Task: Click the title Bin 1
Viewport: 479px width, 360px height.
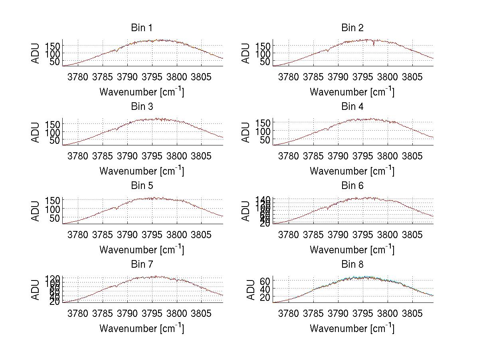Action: [x=141, y=28]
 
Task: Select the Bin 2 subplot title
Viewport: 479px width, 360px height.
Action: [x=352, y=28]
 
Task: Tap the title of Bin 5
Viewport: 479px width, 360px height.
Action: [x=141, y=186]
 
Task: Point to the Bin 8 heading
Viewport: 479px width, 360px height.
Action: [x=352, y=265]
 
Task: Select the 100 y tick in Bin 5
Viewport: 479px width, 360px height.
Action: [x=52, y=209]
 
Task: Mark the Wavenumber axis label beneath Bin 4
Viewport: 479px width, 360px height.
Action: [x=352, y=171]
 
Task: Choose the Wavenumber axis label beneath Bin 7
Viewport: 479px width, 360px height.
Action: [x=141, y=328]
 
